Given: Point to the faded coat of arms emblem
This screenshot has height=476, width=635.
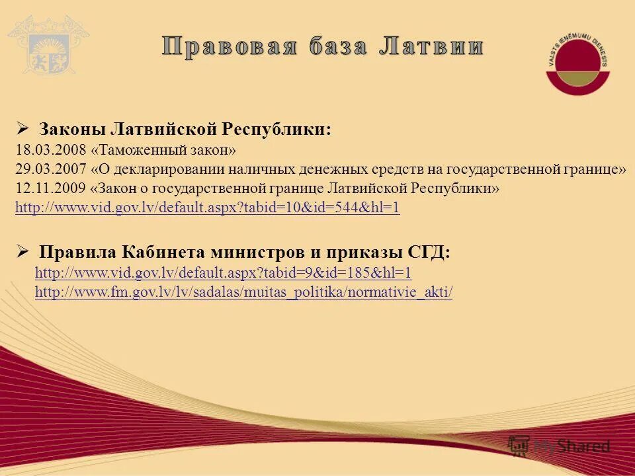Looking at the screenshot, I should pos(42,46).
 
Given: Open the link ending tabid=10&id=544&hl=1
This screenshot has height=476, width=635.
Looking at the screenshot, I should pos(207,208).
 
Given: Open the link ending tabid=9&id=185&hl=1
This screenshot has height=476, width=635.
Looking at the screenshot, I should pos(223,273).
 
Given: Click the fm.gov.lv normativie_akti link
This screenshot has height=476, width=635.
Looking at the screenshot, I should pos(243,292).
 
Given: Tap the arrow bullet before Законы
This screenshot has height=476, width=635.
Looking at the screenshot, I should pos(22,128).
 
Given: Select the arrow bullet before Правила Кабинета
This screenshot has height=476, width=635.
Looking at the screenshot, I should pos(22,252).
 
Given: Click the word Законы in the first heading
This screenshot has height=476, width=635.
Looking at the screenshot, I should pos(71,129).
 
